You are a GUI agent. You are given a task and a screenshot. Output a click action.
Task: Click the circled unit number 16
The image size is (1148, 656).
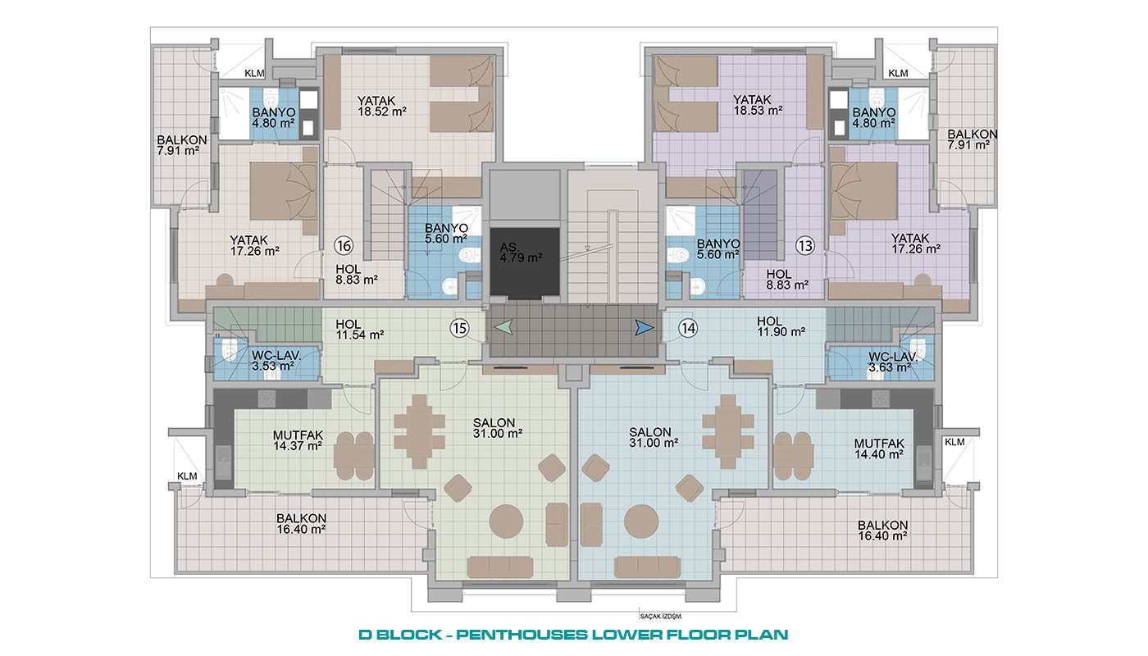click(344, 246)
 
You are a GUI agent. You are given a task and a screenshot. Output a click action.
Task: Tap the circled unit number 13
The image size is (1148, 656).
click(805, 246)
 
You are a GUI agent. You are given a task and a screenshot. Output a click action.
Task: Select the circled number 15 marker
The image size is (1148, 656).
click(460, 327)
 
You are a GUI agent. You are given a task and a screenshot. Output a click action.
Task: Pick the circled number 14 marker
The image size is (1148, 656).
click(688, 327)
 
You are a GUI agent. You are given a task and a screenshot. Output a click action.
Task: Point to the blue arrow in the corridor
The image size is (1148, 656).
click(645, 327)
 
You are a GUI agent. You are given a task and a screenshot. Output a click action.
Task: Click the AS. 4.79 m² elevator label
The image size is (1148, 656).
click(521, 253)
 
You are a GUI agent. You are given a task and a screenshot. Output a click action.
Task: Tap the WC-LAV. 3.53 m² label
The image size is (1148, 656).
click(274, 360)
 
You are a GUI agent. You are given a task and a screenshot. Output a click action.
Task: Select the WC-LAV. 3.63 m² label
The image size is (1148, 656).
click(892, 362)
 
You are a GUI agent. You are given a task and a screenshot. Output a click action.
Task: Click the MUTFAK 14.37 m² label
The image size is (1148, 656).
click(298, 441)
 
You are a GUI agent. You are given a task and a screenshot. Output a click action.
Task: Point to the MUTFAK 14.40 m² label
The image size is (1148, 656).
click(879, 449)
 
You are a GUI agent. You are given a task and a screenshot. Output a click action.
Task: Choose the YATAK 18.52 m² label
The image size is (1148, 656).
click(382, 106)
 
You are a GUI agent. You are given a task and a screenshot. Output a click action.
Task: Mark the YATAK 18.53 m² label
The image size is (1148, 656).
click(758, 105)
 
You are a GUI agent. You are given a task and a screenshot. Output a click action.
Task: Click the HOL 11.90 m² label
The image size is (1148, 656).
click(781, 326)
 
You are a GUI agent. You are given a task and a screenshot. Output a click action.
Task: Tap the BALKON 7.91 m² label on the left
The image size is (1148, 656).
click(181, 145)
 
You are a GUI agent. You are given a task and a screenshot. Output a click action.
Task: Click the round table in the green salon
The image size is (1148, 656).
click(506, 522)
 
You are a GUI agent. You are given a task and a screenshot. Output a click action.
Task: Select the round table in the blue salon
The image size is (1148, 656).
click(641, 522)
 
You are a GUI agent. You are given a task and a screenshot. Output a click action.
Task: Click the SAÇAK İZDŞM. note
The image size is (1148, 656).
click(661, 617)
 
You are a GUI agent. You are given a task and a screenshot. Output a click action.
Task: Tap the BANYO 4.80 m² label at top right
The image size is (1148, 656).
click(874, 117)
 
